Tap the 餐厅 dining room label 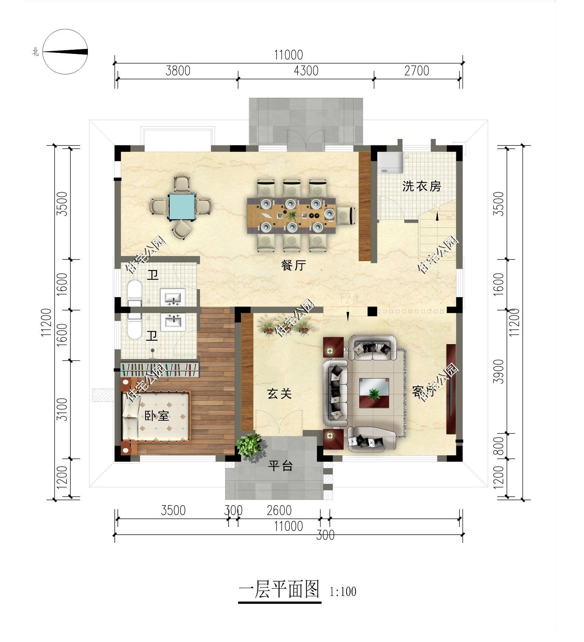coord(293,265)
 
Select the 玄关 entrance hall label coord(280,394)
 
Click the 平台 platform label coord(280,466)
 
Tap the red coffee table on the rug coord(374,393)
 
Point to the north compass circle coord(65,52)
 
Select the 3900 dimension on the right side coord(500,371)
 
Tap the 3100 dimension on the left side coord(62,409)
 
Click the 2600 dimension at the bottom coord(279,510)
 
